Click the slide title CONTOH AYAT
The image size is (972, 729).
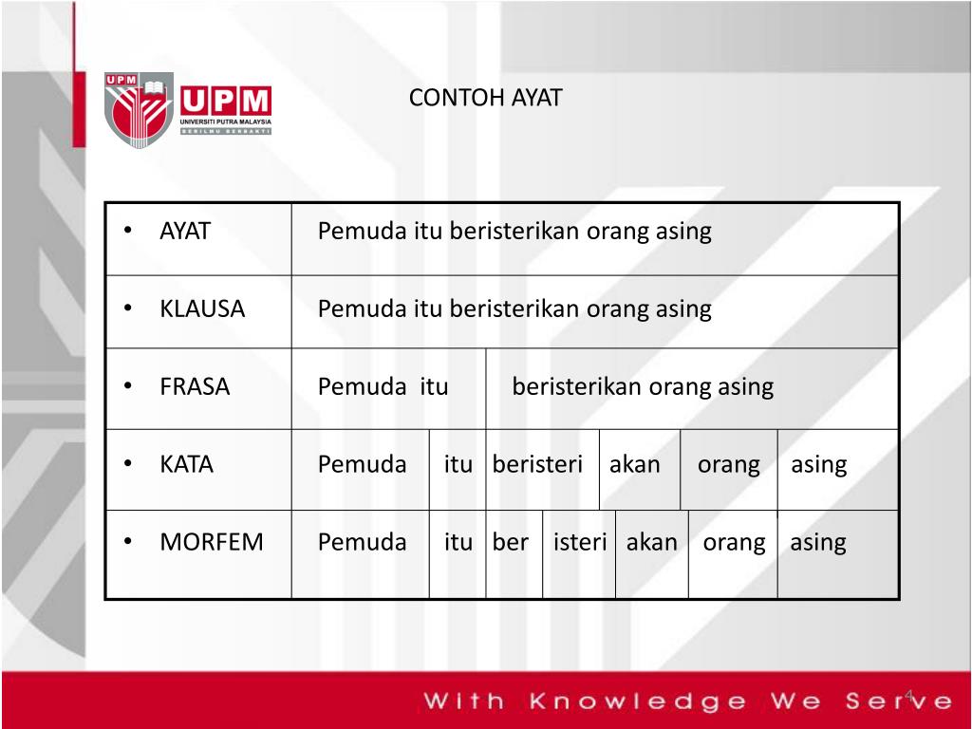[485, 98]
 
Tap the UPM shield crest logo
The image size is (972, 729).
[139, 110]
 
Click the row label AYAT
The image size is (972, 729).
[185, 232]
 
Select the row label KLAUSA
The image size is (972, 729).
[202, 308]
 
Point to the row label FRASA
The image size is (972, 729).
[195, 387]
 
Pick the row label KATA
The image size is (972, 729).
[186, 464]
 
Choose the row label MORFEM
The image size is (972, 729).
[212, 542]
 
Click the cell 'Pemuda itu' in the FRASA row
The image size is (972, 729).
[383, 387]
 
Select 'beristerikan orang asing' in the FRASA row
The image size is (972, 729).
[643, 387]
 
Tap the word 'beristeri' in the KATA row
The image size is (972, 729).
[537, 464]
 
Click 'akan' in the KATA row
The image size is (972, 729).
[635, 464]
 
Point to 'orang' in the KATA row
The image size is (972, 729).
[728, 465]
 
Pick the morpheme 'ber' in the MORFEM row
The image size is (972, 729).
[510, 542]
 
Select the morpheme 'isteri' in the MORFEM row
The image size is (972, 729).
[580, 542]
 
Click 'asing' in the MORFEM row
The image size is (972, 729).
[817, 543]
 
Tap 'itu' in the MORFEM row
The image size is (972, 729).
[458, 542]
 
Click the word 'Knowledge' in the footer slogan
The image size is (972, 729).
[639, 701]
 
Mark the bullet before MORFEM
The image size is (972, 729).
[128, 542]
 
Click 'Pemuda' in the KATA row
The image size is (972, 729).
[362, 464]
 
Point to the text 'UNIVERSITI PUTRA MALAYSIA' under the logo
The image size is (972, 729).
[226, 121]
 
